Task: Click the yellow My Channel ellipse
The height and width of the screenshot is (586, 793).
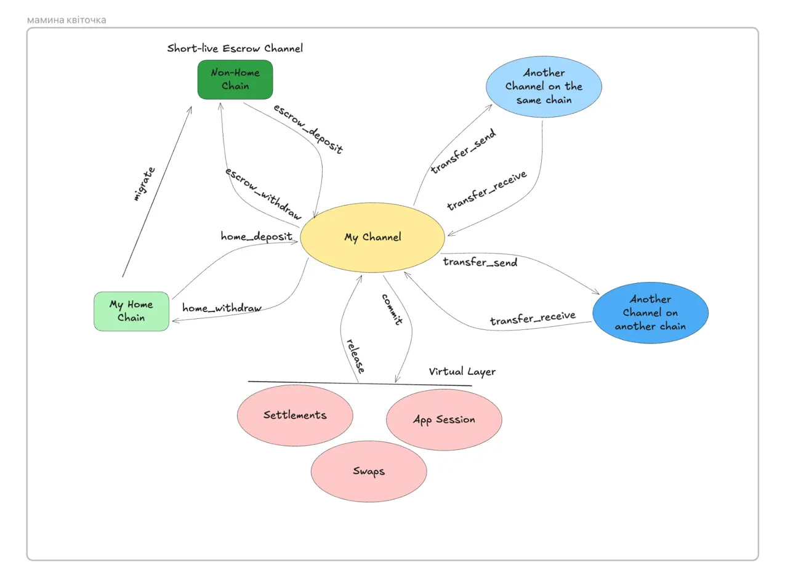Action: pos(372,237)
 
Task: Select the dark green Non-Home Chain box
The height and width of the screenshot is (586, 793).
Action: pos(235,79)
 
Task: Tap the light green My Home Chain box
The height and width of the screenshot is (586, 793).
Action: pos(131,311)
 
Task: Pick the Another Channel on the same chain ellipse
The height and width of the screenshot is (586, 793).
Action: pos(544,86)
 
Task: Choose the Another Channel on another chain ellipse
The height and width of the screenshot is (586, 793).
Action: pos(650,313)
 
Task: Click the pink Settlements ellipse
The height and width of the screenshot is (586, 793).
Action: pos(295,415)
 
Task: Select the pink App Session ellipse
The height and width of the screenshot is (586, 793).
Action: pos(444,420)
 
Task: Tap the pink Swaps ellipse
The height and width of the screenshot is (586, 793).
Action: pos(369,472)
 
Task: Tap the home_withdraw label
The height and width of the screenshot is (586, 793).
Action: pos(222,308)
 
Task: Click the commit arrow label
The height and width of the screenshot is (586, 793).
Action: pos(392,309)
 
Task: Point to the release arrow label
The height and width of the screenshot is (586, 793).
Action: pos(355,356)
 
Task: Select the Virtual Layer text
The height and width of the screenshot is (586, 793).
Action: pos(462,371)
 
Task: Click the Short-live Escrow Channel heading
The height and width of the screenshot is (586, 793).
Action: pos(235,48)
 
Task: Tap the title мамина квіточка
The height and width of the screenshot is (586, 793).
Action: pos(66,20)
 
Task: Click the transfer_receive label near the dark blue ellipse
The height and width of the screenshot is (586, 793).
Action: pos(533,319)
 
